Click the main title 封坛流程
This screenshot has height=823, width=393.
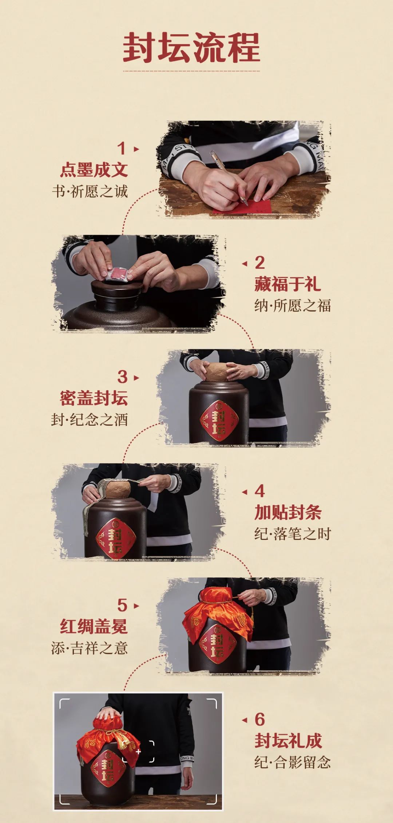191,47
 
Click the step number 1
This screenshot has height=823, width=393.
122,148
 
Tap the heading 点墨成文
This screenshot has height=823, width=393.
94,170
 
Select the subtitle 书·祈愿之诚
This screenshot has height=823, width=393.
90,191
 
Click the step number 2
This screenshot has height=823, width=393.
259,263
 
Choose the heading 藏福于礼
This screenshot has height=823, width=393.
287,284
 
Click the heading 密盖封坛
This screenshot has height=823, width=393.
94,398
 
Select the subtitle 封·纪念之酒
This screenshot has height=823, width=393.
90,420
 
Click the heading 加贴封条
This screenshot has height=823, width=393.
288,512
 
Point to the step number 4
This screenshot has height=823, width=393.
259,491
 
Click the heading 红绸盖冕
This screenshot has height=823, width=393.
94,626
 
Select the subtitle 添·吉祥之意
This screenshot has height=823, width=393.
90,648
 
